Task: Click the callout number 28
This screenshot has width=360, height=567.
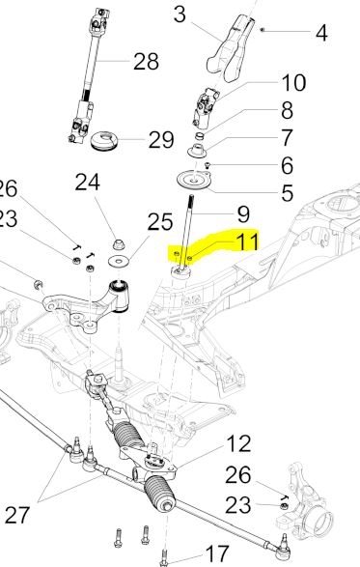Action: click(146, 62)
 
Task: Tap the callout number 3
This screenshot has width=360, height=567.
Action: click(180, 15)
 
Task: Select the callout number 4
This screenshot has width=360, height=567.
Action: click(321, 33)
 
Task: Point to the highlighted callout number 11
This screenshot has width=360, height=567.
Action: click(247, 241)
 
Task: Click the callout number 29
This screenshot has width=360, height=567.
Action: click(161, 140)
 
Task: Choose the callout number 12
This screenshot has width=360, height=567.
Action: click(238, 443)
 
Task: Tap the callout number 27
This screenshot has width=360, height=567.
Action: click(17, 515)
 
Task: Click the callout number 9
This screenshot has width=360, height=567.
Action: click(243, 214)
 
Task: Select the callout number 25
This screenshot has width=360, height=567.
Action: click(160, 222)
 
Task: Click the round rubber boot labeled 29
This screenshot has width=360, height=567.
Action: click(105, 141)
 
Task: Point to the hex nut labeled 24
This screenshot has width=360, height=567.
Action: click(118, 244)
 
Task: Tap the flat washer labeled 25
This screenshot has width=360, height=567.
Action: click(118, 261)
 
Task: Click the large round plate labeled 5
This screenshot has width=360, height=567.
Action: click(194, 180)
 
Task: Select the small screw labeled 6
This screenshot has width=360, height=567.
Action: click(208, 166)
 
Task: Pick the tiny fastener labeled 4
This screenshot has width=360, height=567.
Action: click(263, 30)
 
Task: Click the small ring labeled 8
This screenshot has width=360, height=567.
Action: click(200, 137)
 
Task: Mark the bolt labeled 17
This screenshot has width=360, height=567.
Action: click(164, 557)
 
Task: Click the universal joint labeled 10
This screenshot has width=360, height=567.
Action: click(205, 108)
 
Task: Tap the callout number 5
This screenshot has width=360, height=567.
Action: click(287, 193)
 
